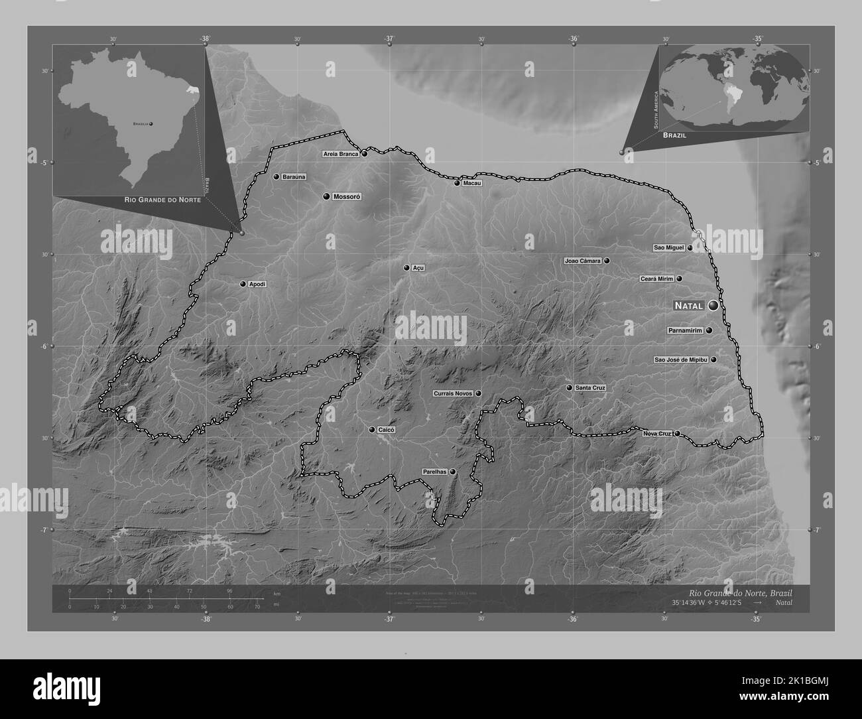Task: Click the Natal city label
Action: coord(690,306)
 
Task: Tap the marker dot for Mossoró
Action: coord(326,196)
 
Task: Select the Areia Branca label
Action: coord(341,154)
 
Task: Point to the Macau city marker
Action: coord(457,183)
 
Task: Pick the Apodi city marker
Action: coord(243,284)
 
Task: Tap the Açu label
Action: coord(418,268)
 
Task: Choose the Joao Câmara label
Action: coord(583,261)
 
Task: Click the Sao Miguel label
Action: coord(668,248)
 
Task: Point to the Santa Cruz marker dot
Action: coord(569,387)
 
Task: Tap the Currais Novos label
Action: coord(453,393)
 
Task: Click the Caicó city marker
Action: coord(372,430)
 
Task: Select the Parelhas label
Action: coord(434,472)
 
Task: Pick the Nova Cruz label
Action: coord(657,434)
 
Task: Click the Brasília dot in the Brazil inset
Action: coord(152,124)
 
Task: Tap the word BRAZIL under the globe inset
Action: coord(673,135)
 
